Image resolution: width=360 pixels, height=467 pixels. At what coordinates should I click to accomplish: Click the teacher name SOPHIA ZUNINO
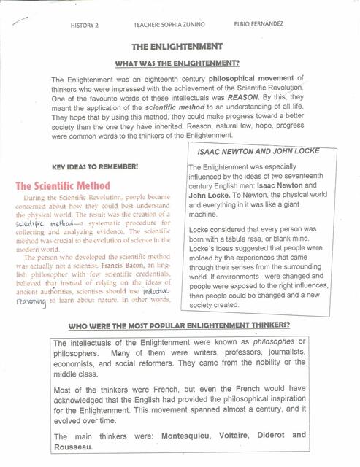click(177, 25)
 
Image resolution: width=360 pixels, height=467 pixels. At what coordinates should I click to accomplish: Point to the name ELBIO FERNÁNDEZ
click(259, 24)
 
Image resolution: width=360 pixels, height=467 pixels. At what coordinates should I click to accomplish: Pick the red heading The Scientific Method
click(64, 186)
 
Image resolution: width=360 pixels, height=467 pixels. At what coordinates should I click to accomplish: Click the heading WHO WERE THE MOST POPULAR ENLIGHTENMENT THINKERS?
click(179, 325)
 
